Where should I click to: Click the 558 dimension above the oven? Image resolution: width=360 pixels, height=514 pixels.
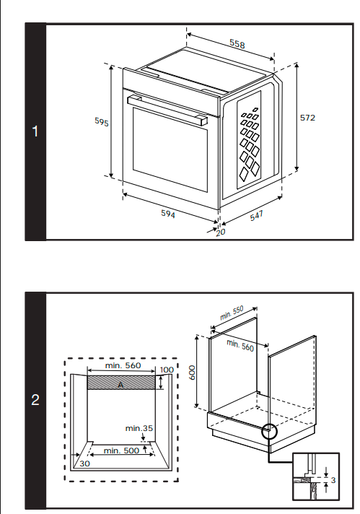[237, 43]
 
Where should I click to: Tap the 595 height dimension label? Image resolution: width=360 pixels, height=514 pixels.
[102, 121]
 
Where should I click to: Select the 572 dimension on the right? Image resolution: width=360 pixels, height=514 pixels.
[307, 118]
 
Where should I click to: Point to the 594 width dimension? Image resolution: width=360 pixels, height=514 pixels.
[168, 214]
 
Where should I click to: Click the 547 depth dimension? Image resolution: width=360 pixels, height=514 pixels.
[257, 216]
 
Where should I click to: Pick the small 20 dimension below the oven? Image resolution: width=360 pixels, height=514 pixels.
[221, 232]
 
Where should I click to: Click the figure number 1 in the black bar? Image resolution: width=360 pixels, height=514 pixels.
[35, 131]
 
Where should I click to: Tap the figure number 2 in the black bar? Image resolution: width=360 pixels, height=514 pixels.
[35, 400]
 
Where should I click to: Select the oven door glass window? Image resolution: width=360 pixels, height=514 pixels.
[170, 149]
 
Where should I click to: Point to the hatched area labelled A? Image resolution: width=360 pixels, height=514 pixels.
[121, 383]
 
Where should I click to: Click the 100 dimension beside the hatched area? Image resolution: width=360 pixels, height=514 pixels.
[167, 370]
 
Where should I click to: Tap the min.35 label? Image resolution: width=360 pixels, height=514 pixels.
[139, 428]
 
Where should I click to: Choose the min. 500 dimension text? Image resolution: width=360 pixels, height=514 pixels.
[121, 450]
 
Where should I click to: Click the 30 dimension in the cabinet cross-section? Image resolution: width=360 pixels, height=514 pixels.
[84, 463]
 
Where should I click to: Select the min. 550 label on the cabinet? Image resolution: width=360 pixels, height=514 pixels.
[232, 313]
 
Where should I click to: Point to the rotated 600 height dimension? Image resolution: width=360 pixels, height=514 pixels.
[193, 373]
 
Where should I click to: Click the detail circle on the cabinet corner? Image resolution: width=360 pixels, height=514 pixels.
[270, 432]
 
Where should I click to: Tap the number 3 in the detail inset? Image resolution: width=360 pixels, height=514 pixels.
[333, 480]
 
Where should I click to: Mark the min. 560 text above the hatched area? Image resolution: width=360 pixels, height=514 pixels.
[123, 365]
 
